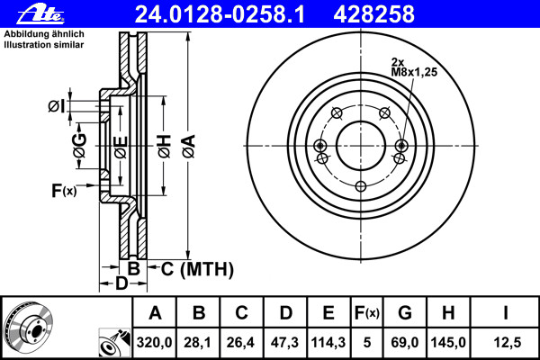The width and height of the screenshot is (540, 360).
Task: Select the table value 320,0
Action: tap(155, 341)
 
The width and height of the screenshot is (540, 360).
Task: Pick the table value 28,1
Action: tap(199, 341)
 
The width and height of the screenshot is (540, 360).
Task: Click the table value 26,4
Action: tap(242, 341)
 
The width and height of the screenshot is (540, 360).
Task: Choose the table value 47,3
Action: tap(285, 341)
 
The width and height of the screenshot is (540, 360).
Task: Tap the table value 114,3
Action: tap(328, 341)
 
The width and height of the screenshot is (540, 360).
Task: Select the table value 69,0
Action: tap(405, 341)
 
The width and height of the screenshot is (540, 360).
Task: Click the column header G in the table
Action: tap(405, 313)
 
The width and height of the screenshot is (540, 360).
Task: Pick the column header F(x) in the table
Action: tap(366, 313)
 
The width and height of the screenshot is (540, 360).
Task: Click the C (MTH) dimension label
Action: tap(191, 268)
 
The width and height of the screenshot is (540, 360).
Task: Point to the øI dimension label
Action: tap(56, 107)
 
